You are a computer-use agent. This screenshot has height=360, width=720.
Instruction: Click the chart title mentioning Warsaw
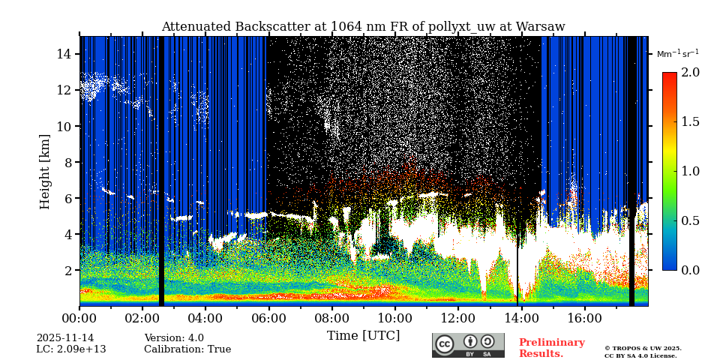pyautogui.click(x=363, y=27)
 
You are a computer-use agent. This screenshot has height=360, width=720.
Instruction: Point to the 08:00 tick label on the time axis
pyautogui.click(x=331, y=318)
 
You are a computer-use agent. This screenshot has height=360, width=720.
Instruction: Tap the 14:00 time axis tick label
pyautogui.click(x=520, y=318)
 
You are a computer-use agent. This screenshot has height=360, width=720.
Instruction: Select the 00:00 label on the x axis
pyautogui.click(x=79, y=318)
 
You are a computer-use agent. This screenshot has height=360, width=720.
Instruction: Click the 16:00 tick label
pyautogui.click(x=583, y=318)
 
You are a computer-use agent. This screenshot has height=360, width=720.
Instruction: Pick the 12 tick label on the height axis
pyautogui.click(x=64, y=90)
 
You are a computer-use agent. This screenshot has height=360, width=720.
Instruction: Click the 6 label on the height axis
pyautogui.click(x=67, y=198)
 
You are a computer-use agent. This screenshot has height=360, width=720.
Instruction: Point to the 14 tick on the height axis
pyautogui.click(x=64, y=54)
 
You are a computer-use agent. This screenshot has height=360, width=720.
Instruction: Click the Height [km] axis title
pyautogui.click(x=45, y=171)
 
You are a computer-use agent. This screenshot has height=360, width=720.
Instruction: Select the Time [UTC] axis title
pyautogui.click(x=363, y=335)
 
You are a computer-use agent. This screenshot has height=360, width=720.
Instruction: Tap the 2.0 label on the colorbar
pyautogui.click(x=691, y=73)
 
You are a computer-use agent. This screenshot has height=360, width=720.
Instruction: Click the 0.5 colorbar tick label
pyautogui.click(x=691, y=220)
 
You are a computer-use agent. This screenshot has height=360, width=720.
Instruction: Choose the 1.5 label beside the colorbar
pyautogui.click(x=691, y=122)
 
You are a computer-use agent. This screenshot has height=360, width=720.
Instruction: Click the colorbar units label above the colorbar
pyautogui.click(x=677, y=54)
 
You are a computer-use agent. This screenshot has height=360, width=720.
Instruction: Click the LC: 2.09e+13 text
pyautogui.click(x=71, y=349)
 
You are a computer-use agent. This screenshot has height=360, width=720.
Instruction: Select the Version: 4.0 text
pyautogui.click(x=174, y=338)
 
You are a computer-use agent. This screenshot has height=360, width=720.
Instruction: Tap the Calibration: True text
pyautogui.click(x=187, y=349)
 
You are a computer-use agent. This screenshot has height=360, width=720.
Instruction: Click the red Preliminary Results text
pyautogui.click(x=551, y=348)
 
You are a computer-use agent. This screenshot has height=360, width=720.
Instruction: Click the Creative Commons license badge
pyautogui.click(x=468, y=345)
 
